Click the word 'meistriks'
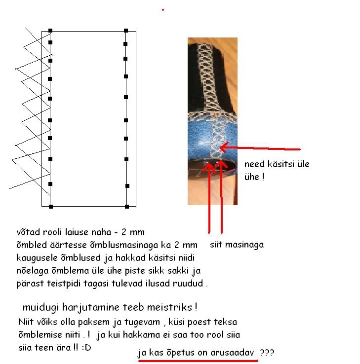pyautogui.click(x=169, y=307)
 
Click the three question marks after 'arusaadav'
pyautogui.click(x=267, y=353)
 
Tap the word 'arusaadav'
pyautogui.click(x=232, y=352)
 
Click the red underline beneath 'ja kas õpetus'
pyautogui.click(x=198, y=361)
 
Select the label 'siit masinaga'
pyautogui.click(x=237, y=245)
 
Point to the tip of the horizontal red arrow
pyautogui.click(x=220, y=147)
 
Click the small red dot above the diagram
pyautogui.click(x=163, y=10)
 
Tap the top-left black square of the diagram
pyautogui.click(x=50, y=31)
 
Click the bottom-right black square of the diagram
pyautogui.click(x=127, y=206)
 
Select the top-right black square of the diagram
pyautogui.click(x=126, y=31)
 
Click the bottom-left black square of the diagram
pyautogui.click(x=51, y=206)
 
